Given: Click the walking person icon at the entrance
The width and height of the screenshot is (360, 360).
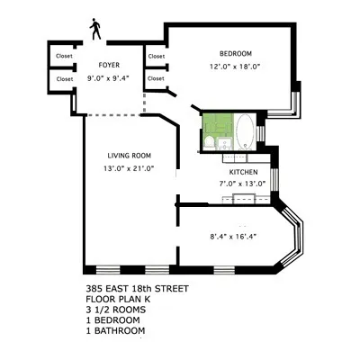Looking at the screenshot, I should [x=94, y=30].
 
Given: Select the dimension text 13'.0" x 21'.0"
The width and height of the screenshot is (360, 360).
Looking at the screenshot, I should [x=130, y=167].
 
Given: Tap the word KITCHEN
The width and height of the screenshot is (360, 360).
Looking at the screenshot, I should [x=243, y=172].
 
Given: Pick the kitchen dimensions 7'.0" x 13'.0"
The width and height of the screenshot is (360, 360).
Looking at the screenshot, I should [x=243, y=184].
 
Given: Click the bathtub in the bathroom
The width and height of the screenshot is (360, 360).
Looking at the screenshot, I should [x=244, y=131].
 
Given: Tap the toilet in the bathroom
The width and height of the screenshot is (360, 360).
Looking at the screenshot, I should [x=209, y=141].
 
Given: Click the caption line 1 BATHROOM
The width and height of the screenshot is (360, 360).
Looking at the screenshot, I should [x=115, y=330].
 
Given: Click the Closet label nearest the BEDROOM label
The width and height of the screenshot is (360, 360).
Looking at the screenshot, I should [x=157, y=57].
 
